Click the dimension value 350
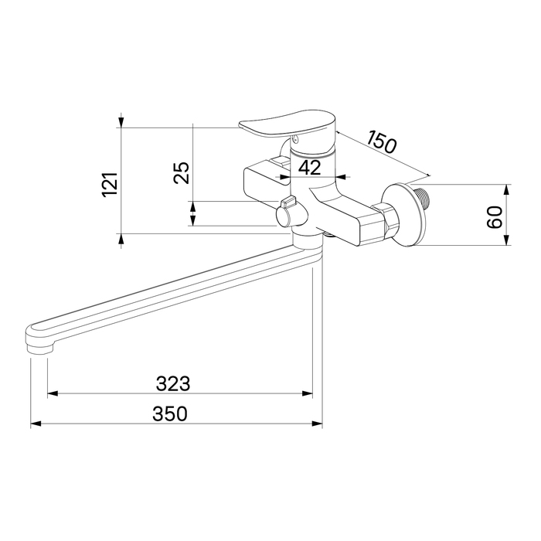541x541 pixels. click(170, 413)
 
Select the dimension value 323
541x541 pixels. click(173, 383)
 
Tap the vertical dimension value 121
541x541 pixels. click(111, 185)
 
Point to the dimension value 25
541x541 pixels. click(182, 172)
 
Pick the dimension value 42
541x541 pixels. click(309, 168)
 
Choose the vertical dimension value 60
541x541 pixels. click(495, 216)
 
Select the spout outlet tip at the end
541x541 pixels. click(39, 347)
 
